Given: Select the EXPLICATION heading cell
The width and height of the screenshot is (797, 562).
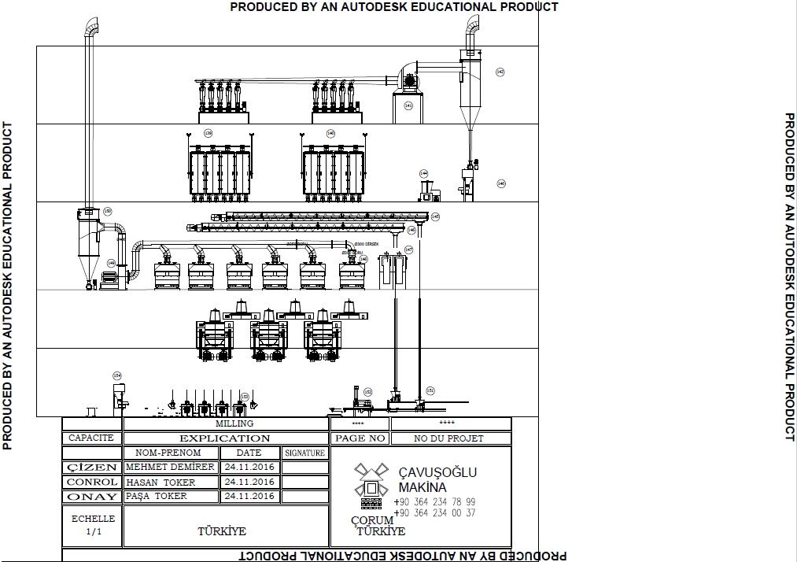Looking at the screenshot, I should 225,438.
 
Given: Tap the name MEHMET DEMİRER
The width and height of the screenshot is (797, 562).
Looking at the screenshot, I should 170,467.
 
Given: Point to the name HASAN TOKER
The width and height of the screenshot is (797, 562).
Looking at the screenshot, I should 161,482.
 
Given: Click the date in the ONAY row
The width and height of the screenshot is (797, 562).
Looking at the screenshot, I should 249,497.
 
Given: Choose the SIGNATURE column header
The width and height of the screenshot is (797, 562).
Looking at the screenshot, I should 304,453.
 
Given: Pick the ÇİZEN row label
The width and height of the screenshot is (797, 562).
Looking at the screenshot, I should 92,467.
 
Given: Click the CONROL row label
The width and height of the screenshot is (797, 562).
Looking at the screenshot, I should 92,482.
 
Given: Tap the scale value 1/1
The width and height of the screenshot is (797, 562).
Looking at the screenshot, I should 93,531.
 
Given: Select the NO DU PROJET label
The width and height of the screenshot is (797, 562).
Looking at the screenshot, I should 450,438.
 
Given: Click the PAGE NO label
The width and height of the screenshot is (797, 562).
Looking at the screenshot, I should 360,438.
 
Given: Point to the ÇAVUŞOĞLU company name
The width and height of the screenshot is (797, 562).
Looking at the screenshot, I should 438,472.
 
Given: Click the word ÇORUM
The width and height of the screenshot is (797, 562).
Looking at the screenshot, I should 372,520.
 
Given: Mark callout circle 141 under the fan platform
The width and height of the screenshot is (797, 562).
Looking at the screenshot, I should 408,105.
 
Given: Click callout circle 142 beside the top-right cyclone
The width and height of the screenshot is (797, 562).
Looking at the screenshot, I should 500,72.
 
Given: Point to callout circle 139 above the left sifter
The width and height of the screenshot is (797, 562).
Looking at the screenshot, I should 208,133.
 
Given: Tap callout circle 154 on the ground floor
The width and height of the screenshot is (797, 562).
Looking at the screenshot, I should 117,375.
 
